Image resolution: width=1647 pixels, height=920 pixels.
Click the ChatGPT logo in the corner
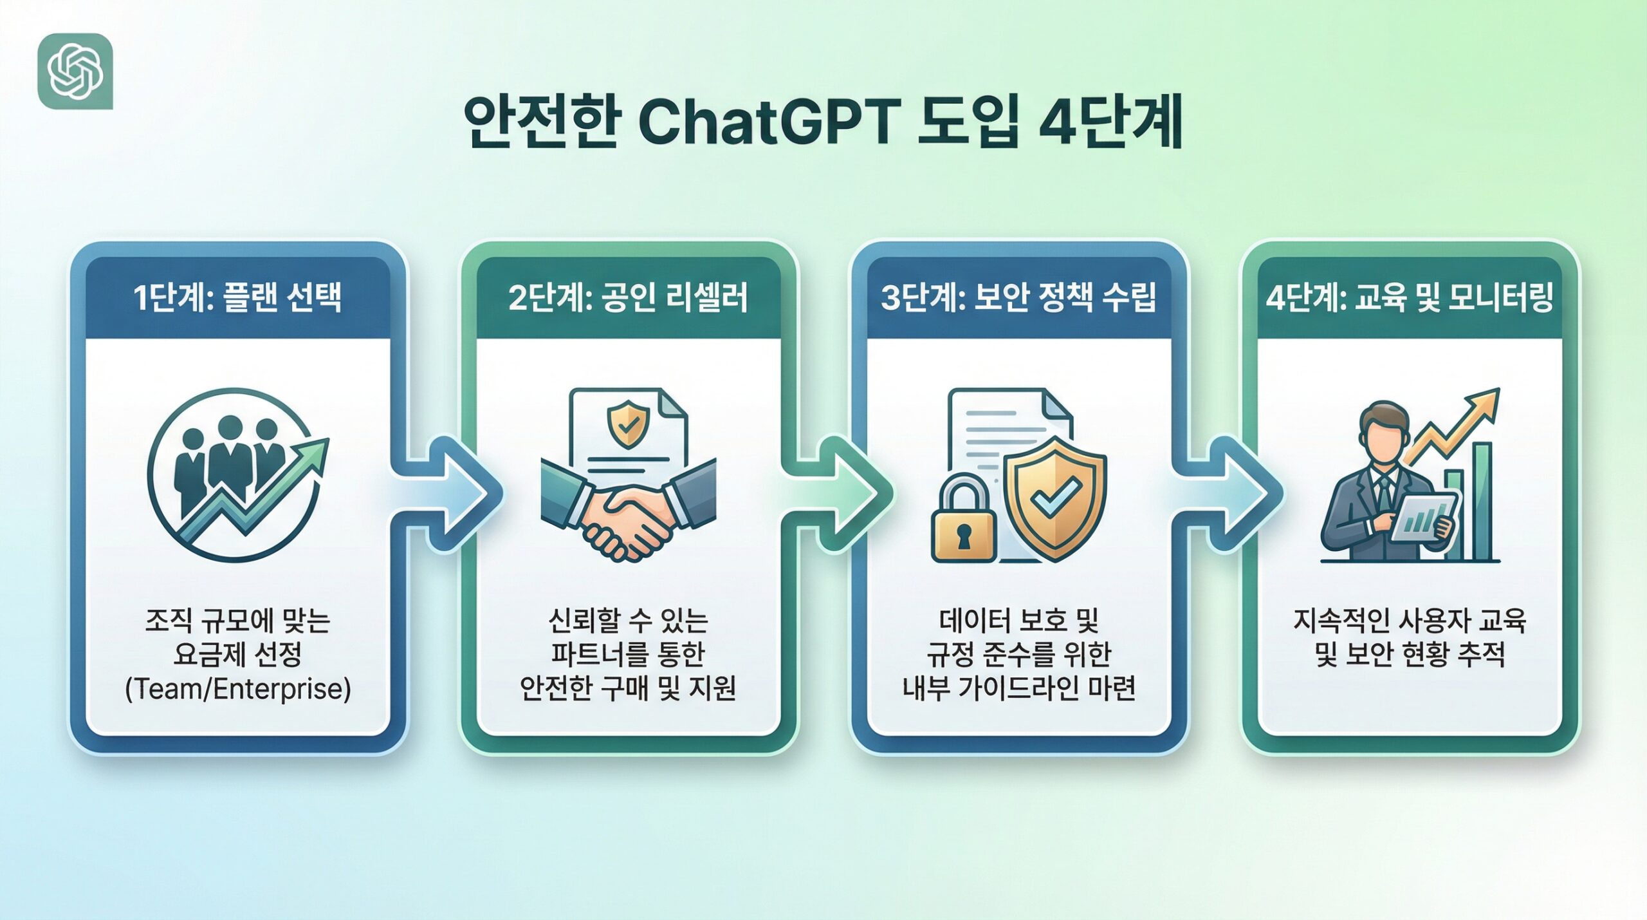click(75, 71)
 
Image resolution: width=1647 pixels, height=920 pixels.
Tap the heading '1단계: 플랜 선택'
click(237, 298)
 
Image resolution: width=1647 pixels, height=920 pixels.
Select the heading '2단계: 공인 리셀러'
click(628, 298)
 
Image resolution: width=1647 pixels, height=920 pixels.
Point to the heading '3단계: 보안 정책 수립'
click(1018, 298)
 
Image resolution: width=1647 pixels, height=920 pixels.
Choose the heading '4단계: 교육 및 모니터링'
click(1409, 298)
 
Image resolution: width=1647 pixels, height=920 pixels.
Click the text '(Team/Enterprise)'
click(237, 689)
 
